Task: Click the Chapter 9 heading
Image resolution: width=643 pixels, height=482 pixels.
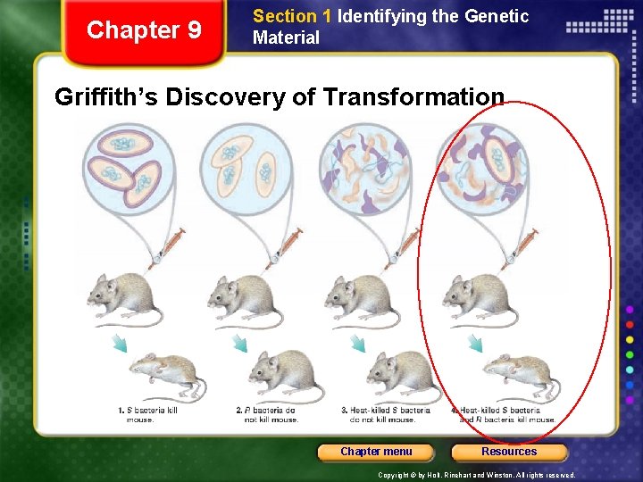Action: [x=144, y=30]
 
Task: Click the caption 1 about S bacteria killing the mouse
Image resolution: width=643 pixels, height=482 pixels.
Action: [x=147, y=414]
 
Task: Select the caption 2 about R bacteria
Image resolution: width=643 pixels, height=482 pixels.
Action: [x=267, y=414]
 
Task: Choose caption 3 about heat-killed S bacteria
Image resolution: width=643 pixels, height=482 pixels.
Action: [x=385, y=414]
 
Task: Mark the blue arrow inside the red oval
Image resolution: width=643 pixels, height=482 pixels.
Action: [x=476, y=344]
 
